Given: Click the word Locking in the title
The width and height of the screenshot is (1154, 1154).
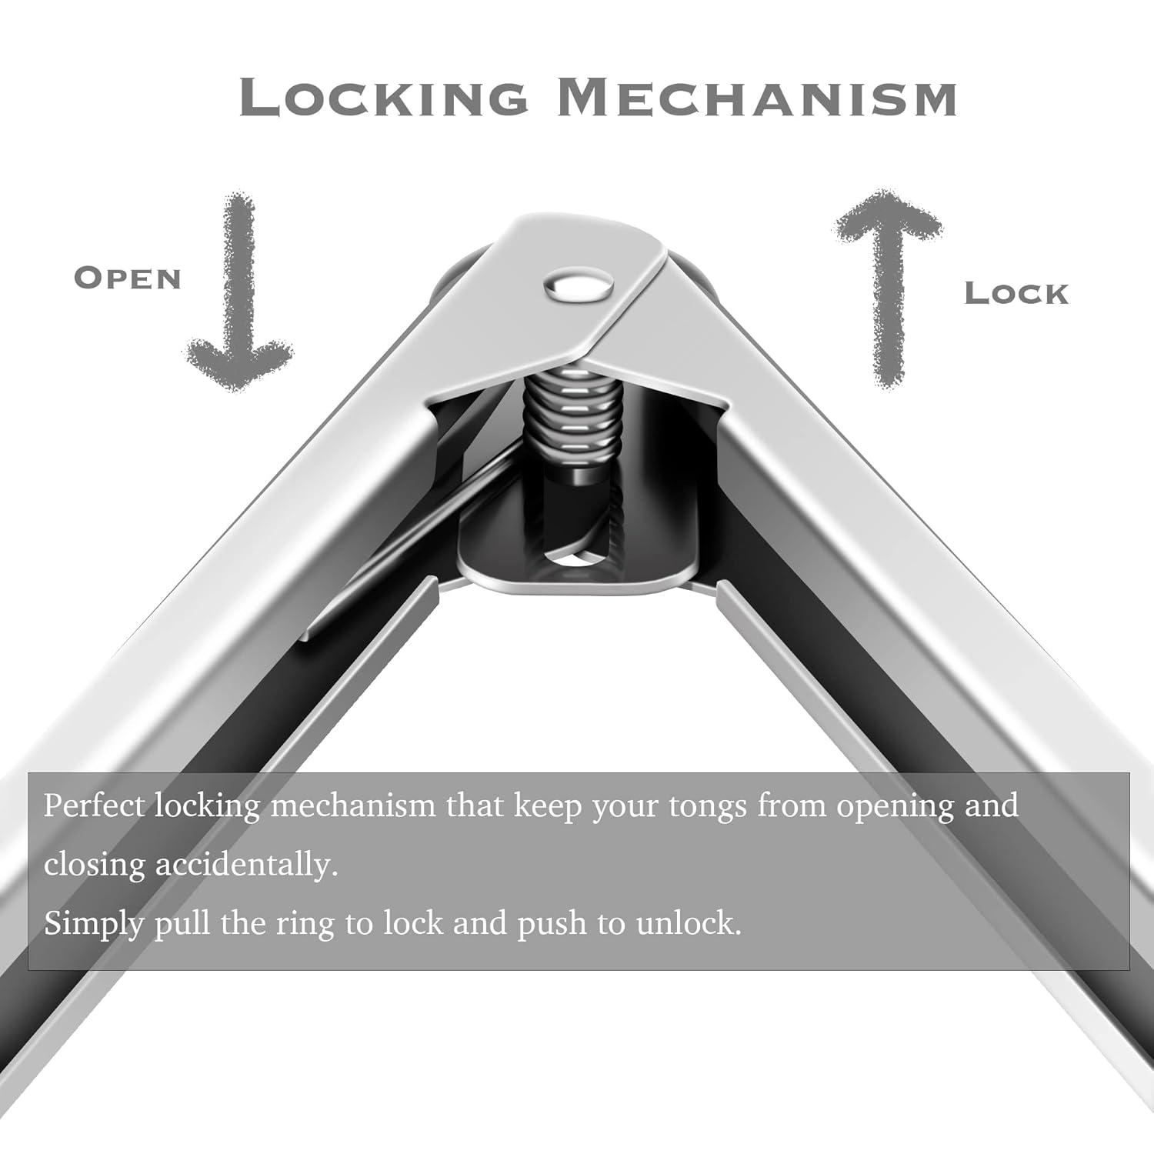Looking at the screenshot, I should tap(383, 98).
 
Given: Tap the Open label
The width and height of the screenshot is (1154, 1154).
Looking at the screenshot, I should tap(128, 278).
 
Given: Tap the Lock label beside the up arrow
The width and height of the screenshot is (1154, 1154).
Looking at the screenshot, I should tap(1016, 293).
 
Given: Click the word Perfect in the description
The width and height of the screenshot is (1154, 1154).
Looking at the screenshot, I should tap(94, 806).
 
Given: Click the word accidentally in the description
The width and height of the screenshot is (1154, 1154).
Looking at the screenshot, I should tap(247, 865).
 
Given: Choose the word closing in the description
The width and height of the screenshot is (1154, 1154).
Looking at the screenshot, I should tap(94, 865).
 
